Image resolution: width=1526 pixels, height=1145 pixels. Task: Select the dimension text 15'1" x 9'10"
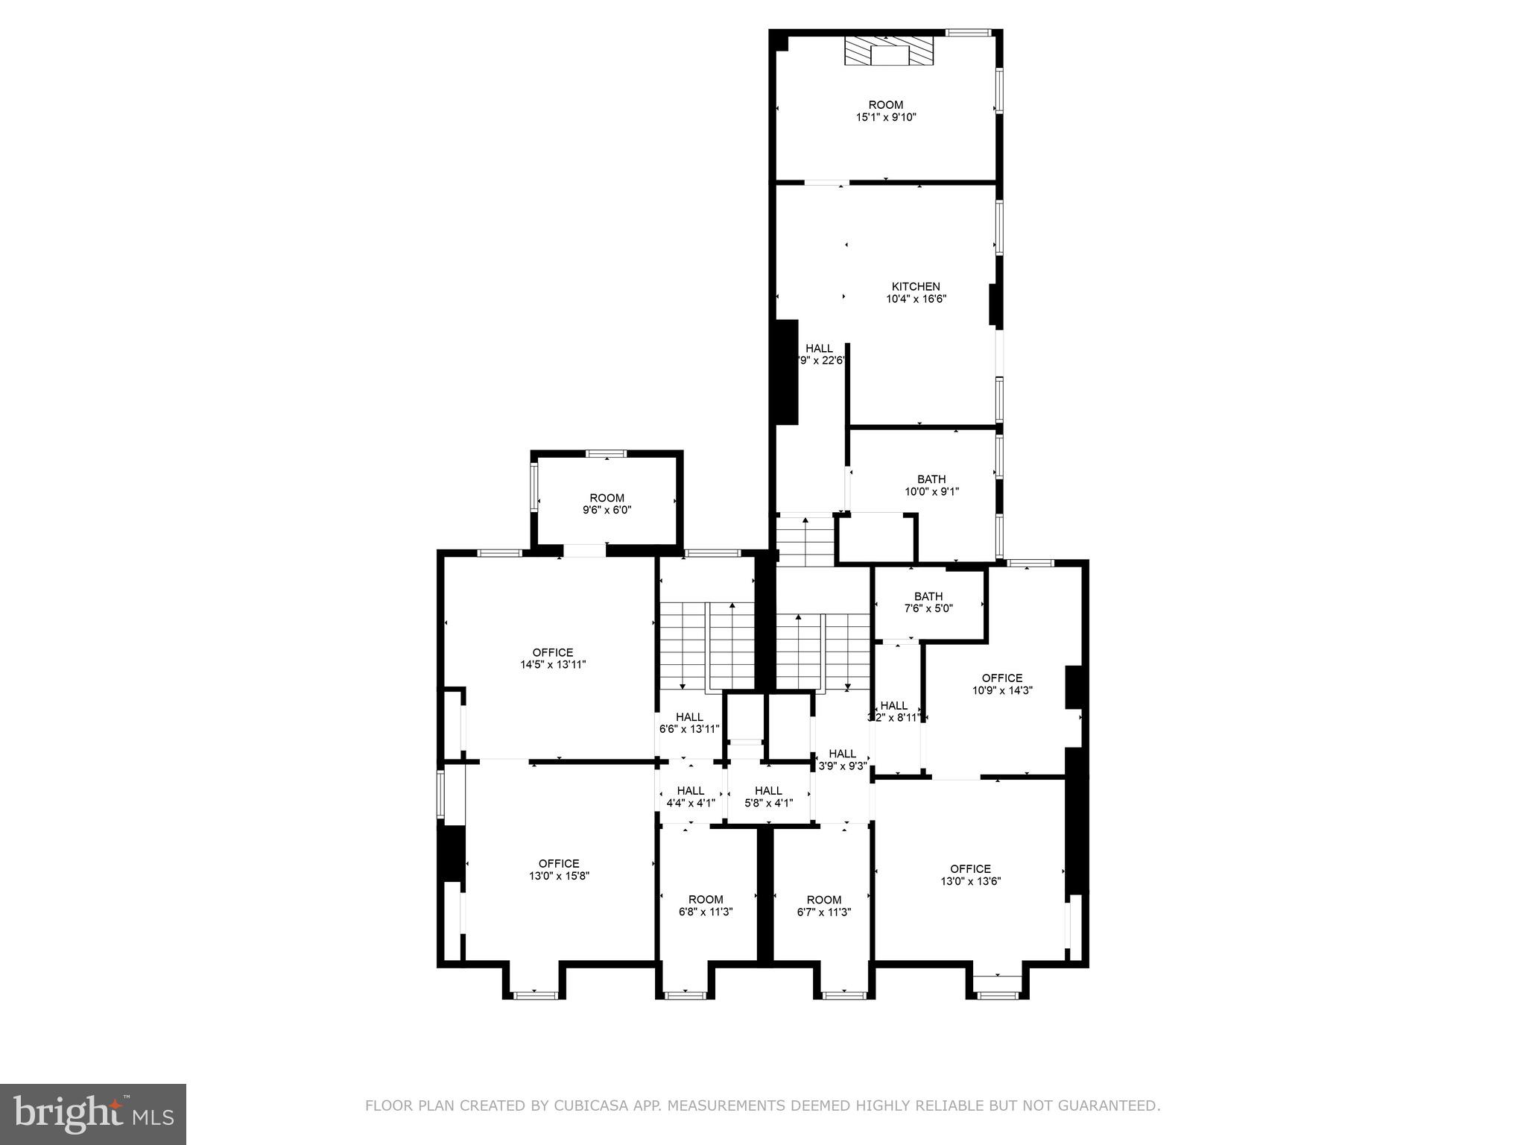[885, 117]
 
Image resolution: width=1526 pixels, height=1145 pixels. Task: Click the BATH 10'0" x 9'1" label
[931, 485]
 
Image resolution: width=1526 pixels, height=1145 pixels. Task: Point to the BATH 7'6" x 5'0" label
[928, 602]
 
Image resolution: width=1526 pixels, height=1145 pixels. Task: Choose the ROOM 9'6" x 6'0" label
[607, 504]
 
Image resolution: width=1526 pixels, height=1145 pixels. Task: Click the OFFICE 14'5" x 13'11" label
[553, 658]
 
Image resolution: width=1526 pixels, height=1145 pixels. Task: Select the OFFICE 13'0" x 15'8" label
[559, 870]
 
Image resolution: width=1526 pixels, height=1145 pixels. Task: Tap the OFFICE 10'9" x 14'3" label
[1001, 684]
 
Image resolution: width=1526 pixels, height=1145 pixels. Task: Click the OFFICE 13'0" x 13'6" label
[970, 874]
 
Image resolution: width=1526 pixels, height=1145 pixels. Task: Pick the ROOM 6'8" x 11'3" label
[705, 905]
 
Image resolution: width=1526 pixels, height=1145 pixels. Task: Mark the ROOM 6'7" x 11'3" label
[823, 905]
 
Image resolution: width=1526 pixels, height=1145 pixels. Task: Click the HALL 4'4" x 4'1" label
[691, 796]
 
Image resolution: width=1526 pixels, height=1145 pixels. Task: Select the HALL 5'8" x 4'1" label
[768, 796]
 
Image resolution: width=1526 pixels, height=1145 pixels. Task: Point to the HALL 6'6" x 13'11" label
[689, 722]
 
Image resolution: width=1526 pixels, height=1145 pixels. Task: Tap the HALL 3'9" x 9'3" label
[842, 759]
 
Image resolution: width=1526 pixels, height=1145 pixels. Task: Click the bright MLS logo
[92, 1114]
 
